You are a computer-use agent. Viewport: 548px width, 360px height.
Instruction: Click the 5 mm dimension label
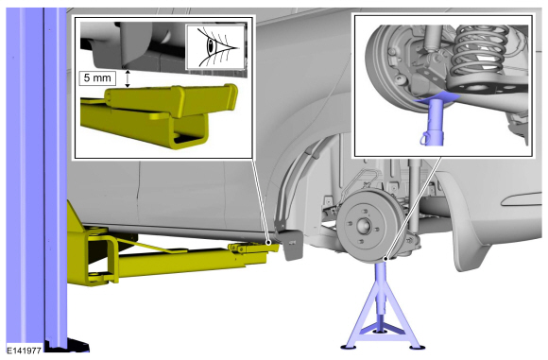pos(97,77)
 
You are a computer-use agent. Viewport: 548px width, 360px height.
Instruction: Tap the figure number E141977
pos(25,350)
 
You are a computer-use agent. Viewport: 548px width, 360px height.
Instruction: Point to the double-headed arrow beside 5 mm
pos(128,78)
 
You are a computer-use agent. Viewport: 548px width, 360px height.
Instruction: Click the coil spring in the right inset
pos(481,52)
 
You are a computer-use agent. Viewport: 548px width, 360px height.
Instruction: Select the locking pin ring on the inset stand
pos(424,137)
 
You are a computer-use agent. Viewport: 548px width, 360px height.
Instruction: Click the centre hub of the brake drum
pos(364,226)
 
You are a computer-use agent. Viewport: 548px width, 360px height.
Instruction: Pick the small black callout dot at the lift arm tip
pos(268,242)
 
